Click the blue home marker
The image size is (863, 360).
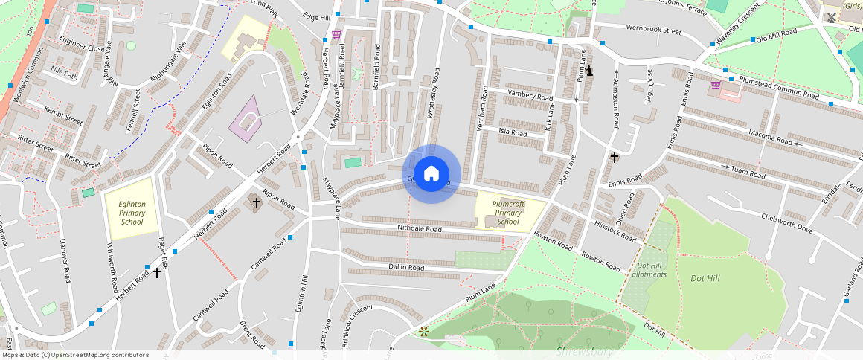pyautogui.click(x=431, y=174)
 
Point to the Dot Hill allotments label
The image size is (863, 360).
pyautogui.click(x=649, y=269)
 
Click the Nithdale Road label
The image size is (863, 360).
pyautogui.click(x=420, y=229)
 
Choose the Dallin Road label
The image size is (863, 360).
pyautogui.click(x=405, y=267)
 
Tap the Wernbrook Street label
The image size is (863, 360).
pyautogui.click(x=653, y=32)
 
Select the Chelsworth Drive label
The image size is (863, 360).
pyautogui.click(x=787, y=222)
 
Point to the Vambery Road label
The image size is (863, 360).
pyautogui.click(x=530, y=96)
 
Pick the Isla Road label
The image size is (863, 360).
pyautogui.click(x=513, y=133)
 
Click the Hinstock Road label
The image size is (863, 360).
pyautogui.click(x=616, y=231)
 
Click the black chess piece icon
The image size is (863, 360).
pyautogui.click(x=589, y=71)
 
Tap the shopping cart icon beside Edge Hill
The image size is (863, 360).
pyautogui.click(x=336, y=34)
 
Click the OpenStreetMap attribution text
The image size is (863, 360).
pyautogui.click(x=75, y=355)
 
